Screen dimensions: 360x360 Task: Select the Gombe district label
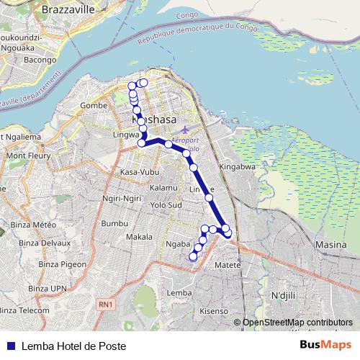pos(94,105)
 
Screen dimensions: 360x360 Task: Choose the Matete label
pos(228,265)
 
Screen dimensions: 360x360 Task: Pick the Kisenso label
pos(213,311)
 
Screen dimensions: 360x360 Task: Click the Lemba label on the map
pos(179,293)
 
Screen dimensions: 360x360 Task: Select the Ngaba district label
pos(178,245)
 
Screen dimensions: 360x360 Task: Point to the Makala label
pos(139,237)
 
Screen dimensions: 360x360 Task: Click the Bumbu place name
pos(114,224)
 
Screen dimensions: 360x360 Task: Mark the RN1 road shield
pos(105,305)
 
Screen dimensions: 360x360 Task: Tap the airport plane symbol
pos(186,130)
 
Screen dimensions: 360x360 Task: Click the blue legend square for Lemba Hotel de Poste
pos(8,346)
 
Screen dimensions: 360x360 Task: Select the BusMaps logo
pos(325,345)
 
